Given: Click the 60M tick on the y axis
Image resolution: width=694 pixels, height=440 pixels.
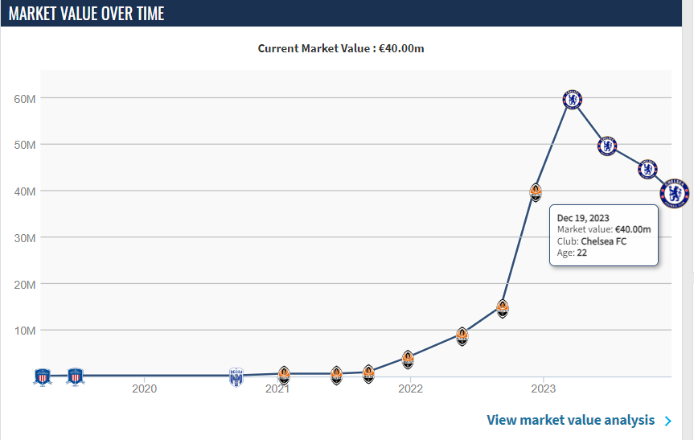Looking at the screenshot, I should point(25,99).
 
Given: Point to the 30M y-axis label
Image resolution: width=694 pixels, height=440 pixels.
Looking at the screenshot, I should point(25,238).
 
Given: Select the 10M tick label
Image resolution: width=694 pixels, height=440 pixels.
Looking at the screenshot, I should point(25,331).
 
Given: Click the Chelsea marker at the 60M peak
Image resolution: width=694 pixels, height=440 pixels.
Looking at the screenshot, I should point(572,99).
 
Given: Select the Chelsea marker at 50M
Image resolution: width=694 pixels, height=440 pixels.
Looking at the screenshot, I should point(608,146).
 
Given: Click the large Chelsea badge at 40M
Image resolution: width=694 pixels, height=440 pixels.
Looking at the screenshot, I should point(674,192).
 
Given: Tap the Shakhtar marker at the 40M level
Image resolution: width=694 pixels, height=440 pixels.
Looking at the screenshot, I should point(536,192).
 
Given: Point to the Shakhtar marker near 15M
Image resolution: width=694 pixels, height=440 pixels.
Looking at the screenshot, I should point(503,307).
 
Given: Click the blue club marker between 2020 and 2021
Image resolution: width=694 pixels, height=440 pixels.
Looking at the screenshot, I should point(236,376).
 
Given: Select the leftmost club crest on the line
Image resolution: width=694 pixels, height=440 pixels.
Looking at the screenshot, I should point(43,376).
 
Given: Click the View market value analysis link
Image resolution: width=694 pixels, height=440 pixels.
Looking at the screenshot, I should point(571,420).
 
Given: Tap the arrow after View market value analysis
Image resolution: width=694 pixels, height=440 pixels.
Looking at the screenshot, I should point(668,420).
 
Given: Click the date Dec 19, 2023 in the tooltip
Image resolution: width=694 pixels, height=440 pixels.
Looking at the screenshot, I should point(582,217).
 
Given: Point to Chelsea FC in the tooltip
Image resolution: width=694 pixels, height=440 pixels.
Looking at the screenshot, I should point(603,241).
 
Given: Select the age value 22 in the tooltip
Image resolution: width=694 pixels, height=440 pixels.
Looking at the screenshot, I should point(581,253).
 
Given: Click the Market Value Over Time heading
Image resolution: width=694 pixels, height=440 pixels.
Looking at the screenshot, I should point(87,14).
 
